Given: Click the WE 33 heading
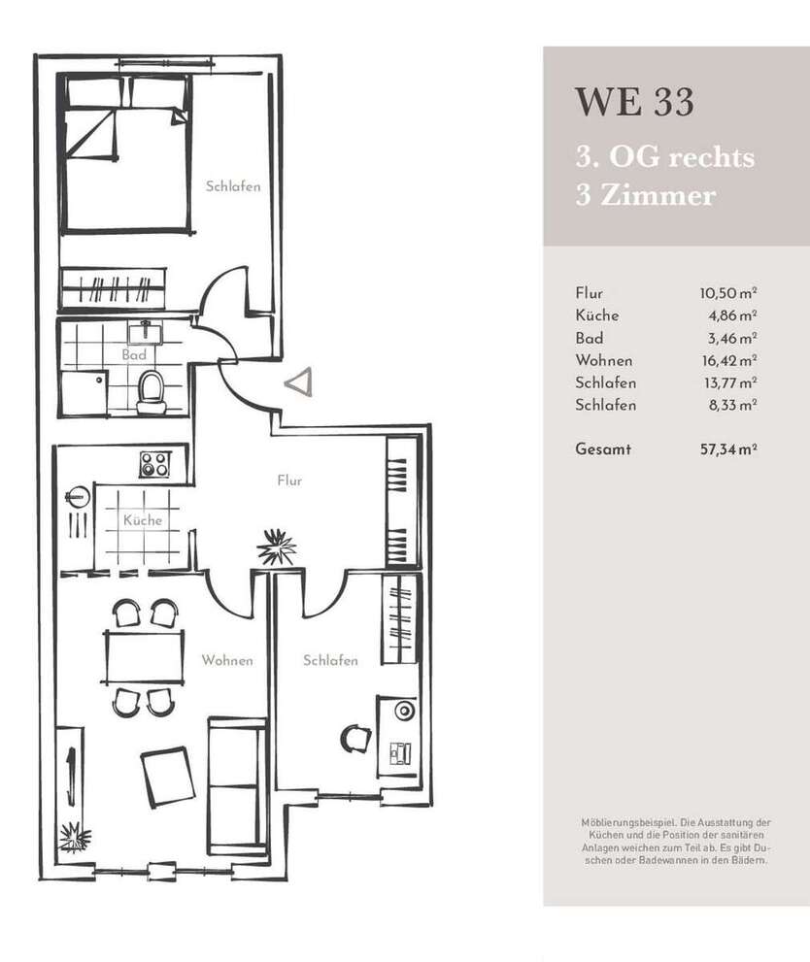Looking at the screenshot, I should coord(634,102).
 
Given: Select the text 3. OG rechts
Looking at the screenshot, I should coord(664,157).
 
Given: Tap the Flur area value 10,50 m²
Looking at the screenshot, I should coord(727,293).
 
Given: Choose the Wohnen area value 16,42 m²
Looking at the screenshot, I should coord(727,360).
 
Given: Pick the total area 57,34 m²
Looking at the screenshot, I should coord(727,449).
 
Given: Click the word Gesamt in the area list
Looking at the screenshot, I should coord(602,449).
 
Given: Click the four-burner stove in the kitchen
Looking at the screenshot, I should coord(153,463).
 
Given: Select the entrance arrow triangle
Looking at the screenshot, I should coord(298,381).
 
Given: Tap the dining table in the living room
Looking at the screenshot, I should coord(143,657).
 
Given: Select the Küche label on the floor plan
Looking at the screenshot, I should coord(142,520).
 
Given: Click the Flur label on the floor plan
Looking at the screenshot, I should coord(289,481).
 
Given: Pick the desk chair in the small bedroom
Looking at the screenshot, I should coord(354,739).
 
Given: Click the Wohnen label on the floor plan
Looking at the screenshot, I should coord(227,660).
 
